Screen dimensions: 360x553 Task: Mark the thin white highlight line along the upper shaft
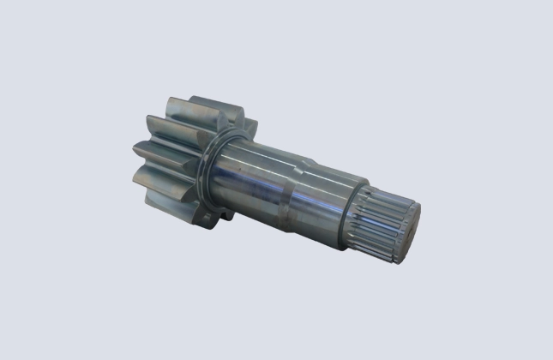[274, 154]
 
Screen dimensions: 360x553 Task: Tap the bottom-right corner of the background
[550, 357]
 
